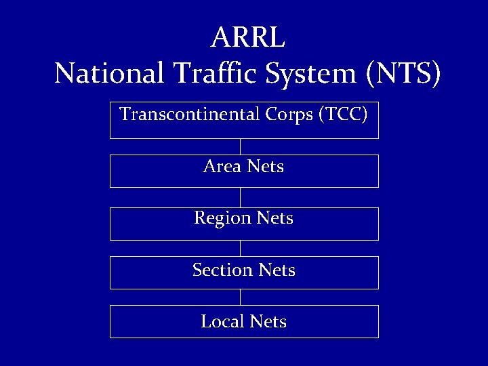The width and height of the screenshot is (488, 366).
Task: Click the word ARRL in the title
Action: [247, 39]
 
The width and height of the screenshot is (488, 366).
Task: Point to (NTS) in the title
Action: [403, 73]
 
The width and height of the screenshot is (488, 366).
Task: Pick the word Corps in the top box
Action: [287, 115]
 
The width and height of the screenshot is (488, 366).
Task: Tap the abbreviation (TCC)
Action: [342, 115]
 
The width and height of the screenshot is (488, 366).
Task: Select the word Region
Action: [222, 218]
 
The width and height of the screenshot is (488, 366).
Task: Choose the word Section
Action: [222, 270]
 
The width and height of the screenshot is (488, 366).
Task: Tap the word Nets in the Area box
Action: [266, 166]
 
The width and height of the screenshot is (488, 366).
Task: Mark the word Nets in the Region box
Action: [275, 218]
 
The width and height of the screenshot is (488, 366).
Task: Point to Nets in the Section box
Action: [277, 270]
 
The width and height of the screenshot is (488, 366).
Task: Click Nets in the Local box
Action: [268, 321]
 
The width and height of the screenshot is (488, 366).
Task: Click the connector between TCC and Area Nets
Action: [240, 146]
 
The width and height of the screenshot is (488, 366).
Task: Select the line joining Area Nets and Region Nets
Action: [240, 197]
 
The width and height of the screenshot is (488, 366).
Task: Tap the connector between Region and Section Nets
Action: [240, 248]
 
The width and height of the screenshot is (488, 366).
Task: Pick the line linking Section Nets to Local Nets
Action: [240, 297]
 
